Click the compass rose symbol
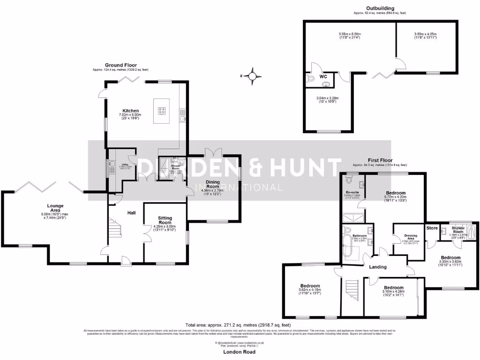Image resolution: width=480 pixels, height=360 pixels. pos(254,75)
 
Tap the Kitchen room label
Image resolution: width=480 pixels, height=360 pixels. pos(131,111)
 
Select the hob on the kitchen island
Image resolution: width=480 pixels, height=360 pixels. pos(162,111)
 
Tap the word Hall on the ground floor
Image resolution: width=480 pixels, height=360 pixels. pos(132,213)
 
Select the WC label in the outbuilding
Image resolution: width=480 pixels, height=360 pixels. pos(323,76)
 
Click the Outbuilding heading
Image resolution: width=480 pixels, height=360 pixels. pos(380,8)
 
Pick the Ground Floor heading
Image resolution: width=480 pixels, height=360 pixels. pos(120,65)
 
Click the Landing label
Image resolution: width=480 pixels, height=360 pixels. pos(378,267)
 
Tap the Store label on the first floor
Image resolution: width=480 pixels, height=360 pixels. pos(432,228)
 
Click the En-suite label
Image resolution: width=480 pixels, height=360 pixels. pos(352,193)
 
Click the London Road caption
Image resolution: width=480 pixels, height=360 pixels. pos(240,351)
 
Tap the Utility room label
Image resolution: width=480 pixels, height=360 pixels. pos(125,165)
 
